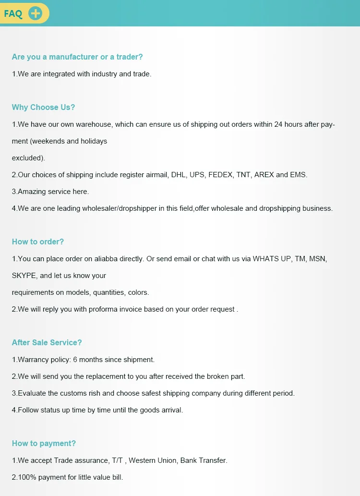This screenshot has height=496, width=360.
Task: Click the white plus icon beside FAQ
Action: [36, 13]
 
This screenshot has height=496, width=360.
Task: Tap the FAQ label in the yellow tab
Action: [13, 13]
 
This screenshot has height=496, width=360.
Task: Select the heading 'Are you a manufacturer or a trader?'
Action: [77, 57]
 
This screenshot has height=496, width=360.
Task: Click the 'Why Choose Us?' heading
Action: [44, 107]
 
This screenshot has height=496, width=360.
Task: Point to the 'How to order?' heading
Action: [38, 242]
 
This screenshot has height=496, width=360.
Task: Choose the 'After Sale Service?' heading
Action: [47, 342]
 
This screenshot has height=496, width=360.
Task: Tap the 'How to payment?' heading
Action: [44, 443]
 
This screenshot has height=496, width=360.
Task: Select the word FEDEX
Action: [220, 175]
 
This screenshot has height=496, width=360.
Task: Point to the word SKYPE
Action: [25, 276]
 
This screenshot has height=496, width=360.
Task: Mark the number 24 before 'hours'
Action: [279, 124]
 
